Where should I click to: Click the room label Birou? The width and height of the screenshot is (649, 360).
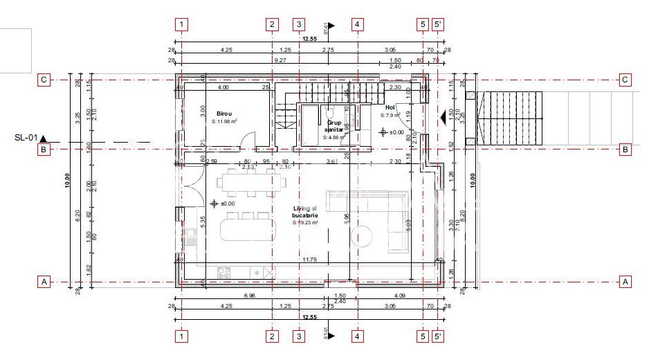pos(223,113)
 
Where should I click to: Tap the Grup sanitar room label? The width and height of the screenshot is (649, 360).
pos(334,124)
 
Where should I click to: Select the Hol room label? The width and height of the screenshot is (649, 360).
pos(390,107)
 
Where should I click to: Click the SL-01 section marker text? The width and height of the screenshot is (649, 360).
pos(25,137)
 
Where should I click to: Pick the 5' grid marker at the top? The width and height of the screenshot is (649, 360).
pos(439,24)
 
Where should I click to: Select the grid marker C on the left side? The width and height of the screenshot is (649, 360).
pos(43,80)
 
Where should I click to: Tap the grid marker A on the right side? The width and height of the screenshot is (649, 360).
pos(625,282)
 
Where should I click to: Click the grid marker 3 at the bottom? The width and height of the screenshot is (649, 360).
pos(299,336)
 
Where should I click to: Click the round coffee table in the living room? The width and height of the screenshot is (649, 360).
pos(363,236)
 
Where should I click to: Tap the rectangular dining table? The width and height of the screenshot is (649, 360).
pos(251,183)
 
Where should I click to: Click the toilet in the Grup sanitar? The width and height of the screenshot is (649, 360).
pos(331,111)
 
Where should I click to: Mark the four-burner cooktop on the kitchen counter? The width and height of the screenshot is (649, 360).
pos(225,273)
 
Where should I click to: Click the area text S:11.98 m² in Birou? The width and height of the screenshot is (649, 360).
pos(224,121)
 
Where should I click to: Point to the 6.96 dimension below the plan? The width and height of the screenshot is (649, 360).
pos(250,296)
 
